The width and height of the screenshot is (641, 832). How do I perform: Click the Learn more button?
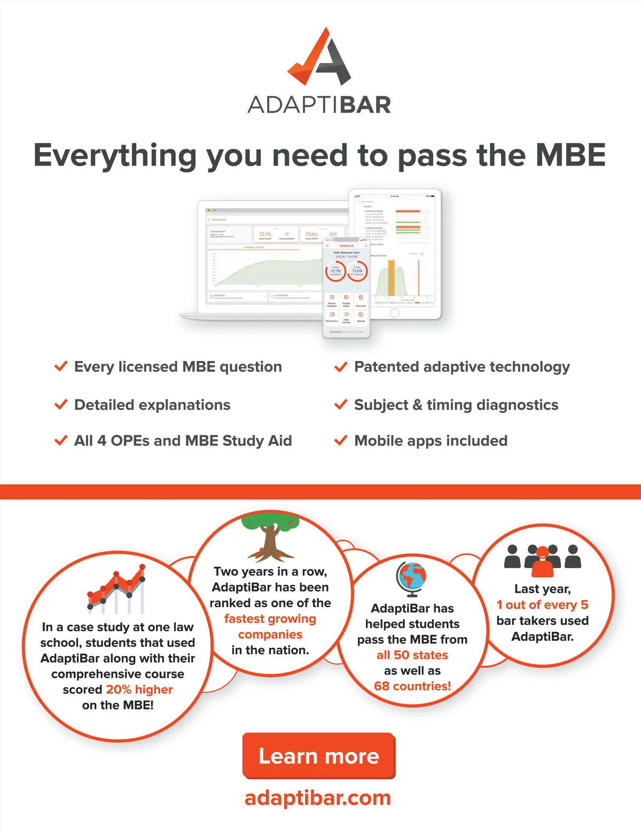pyautogui.click(x=319, y=756)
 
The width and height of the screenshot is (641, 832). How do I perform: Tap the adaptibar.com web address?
pyautogui.click(x=318, y=798)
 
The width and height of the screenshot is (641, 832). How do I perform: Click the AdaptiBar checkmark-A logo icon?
pyautogui.click(x=320, y=57)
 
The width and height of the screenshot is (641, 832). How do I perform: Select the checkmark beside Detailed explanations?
pyautogui.click(x=61, y=404)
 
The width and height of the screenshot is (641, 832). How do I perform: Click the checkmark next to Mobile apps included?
pyautogui.click(x=340, y=441)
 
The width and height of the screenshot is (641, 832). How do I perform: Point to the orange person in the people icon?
pyautogui.click(x=543, y=562)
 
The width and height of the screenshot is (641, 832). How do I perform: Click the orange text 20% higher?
pyautogui.click(x=139, y=689)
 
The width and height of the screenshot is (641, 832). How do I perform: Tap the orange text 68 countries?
pyautogui.click(x=412, y=686)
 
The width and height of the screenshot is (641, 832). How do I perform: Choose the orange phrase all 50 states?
pyautogui.click(x=412, y=655)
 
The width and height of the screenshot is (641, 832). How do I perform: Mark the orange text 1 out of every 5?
pyautogui.click(x=542, y=605)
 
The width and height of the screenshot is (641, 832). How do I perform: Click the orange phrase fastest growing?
pyautogui.click(x=270, y=619)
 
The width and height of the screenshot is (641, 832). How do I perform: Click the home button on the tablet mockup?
pyautogui.click(x=395, y=313)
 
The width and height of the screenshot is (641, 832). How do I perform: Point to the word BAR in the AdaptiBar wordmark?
pyautogui.click(x=365, y=105)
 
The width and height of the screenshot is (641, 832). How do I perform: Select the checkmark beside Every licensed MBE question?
pyautogui.click(x=61, y=366)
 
